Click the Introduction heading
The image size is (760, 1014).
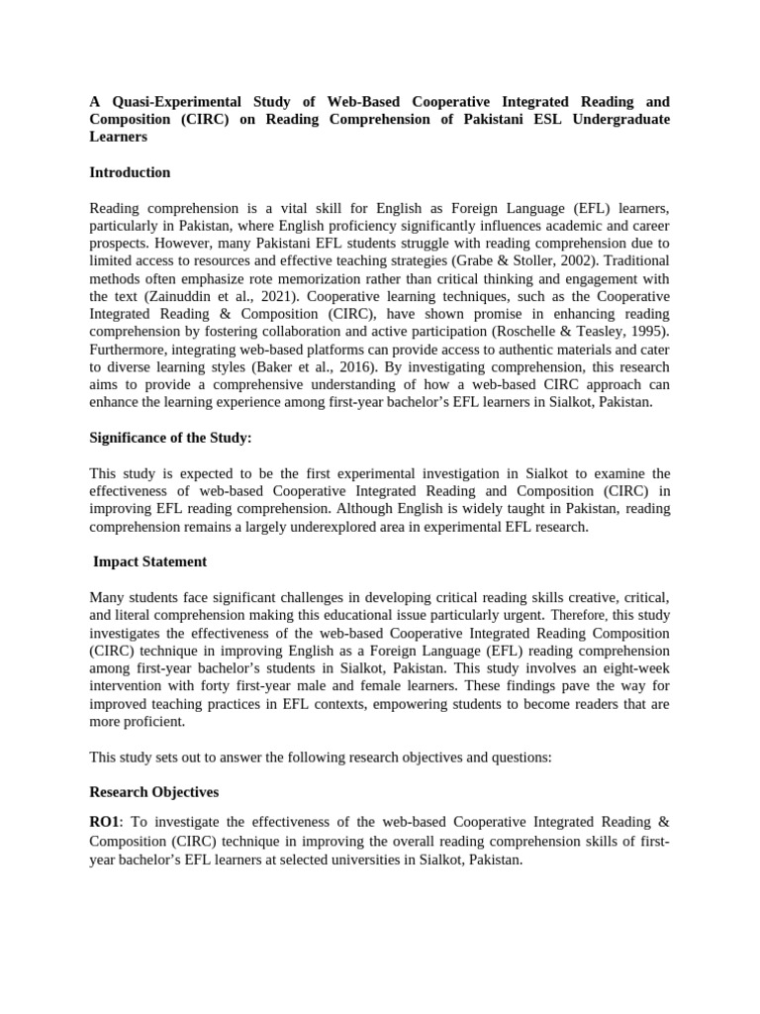click(130, 172)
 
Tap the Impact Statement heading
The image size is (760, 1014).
click(149, 561)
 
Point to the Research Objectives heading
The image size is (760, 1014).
click(153, 792)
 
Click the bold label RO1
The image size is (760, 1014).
click(104, 822)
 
